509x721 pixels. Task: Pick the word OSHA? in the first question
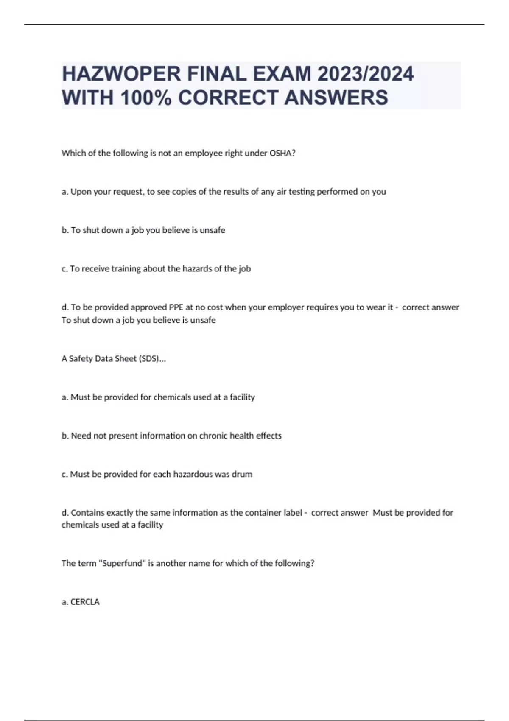pos(282,153)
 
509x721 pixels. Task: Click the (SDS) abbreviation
pos(152,359)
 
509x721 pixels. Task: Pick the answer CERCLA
pos(85,602)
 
